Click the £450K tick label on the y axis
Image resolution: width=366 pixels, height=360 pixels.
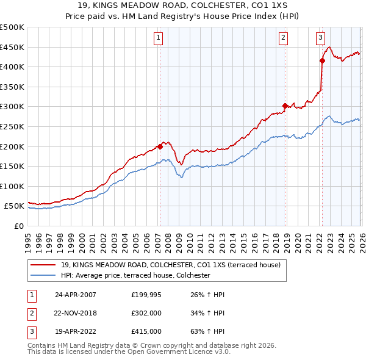pyautogui.click(x=12, y=47)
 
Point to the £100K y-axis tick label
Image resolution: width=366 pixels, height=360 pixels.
pyautogui.click(x=12, y=186)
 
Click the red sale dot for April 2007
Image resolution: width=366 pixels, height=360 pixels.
pyautogui.click(x=160, y=146)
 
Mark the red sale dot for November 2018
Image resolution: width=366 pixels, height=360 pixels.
pyautogui.click(x=285, y=106)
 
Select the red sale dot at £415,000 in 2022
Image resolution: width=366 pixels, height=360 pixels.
pyautogui.click(x=322, y=60)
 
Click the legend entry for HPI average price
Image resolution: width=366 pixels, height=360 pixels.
pyautogui.click(x=135, y=276)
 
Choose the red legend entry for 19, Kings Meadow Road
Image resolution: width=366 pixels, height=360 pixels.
pyautogui.click(x=170, y=265)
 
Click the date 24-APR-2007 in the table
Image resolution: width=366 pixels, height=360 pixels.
pyautogui.click(x=76, y=295)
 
